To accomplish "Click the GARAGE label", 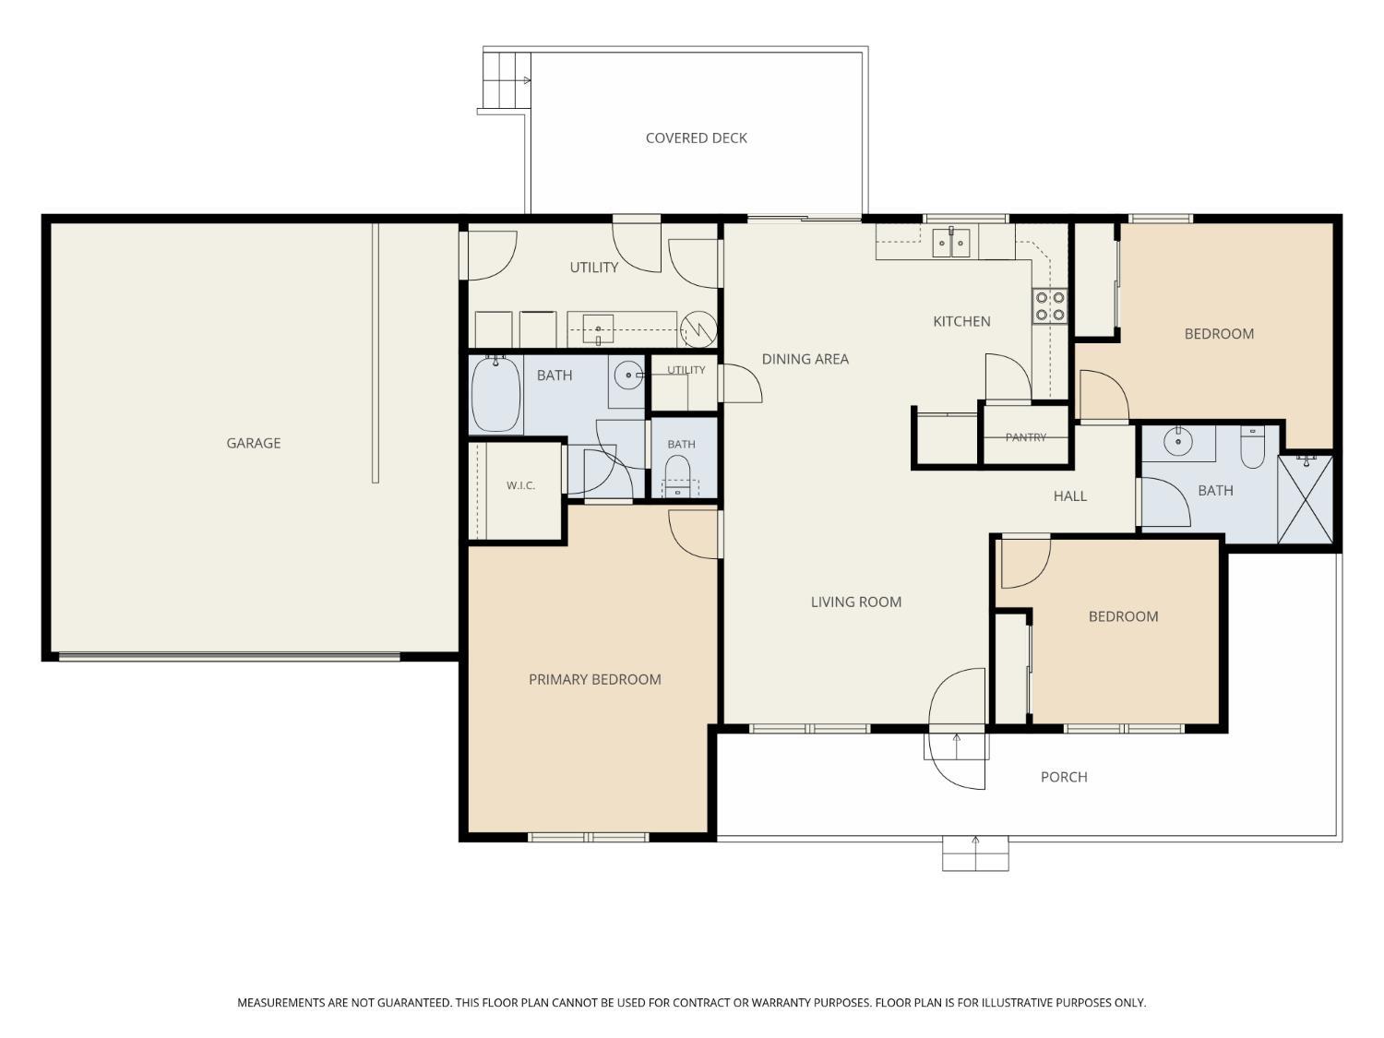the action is coord(254,443).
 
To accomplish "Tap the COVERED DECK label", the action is coord(696,138).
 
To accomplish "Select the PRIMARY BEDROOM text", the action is coord(594,679).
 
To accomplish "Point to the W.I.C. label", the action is coord(520,485).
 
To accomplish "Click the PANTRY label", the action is coord(1026,436).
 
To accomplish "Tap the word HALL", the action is coord(1070,496).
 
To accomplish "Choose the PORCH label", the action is coord(1064,777).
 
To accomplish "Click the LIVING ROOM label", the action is coord(855,602).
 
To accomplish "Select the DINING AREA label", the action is coord(805,359).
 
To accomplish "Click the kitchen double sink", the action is coord(951,243).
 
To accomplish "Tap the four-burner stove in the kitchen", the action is coord(1050,306).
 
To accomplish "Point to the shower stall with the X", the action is coord(1306,499).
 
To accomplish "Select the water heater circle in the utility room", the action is coord(698,329).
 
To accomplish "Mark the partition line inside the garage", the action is coord(376,353).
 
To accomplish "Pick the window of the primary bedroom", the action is coord(588,837).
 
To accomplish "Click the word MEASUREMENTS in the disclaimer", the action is coord(281,1003).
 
